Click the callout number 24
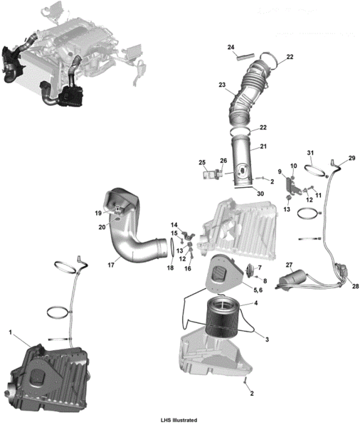coord(231,48)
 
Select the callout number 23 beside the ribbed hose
coord(222,85)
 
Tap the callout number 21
coord(263,146)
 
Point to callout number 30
coord(260,194)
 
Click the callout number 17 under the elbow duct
coord(111,265)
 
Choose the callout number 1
coord(11,332)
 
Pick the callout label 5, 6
coord(258,290)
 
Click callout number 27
coord(289,265)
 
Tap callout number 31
coord(310,153)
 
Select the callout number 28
coord(355,286)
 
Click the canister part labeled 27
coord(292,278)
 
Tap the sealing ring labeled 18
coord(172,247)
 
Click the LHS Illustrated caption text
coord(179,420)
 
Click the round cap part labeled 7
coord(250,270)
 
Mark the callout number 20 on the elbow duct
coord(102,227)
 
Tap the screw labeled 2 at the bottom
coord(245,381)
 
